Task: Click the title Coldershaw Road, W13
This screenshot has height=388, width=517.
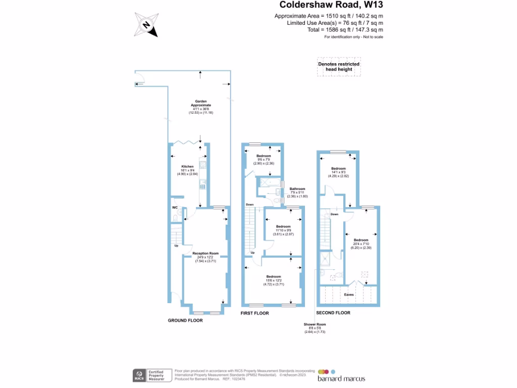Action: point(336,6)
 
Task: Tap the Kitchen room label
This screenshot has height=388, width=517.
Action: point(188,166)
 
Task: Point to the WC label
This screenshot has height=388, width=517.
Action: point(174,208)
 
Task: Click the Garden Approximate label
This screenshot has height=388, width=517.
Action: point(201,103)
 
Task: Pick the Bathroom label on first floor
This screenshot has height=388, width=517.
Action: point(297,189)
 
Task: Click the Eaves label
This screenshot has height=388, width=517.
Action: point(349,294)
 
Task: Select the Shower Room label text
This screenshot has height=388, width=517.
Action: point(315,324)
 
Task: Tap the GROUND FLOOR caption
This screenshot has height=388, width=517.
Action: point(185,320)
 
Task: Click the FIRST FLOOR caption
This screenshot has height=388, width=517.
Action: point(254,313)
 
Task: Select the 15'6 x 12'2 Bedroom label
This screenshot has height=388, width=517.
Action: point(274,277)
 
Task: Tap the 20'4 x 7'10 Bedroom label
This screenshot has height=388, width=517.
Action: point(361,240)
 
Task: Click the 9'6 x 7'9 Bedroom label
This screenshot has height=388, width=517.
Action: point(264,156)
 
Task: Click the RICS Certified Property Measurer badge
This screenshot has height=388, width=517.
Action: point(151,375)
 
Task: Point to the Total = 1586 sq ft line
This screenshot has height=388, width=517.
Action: point(335,30)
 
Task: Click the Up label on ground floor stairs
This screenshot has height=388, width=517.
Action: point(176,246)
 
